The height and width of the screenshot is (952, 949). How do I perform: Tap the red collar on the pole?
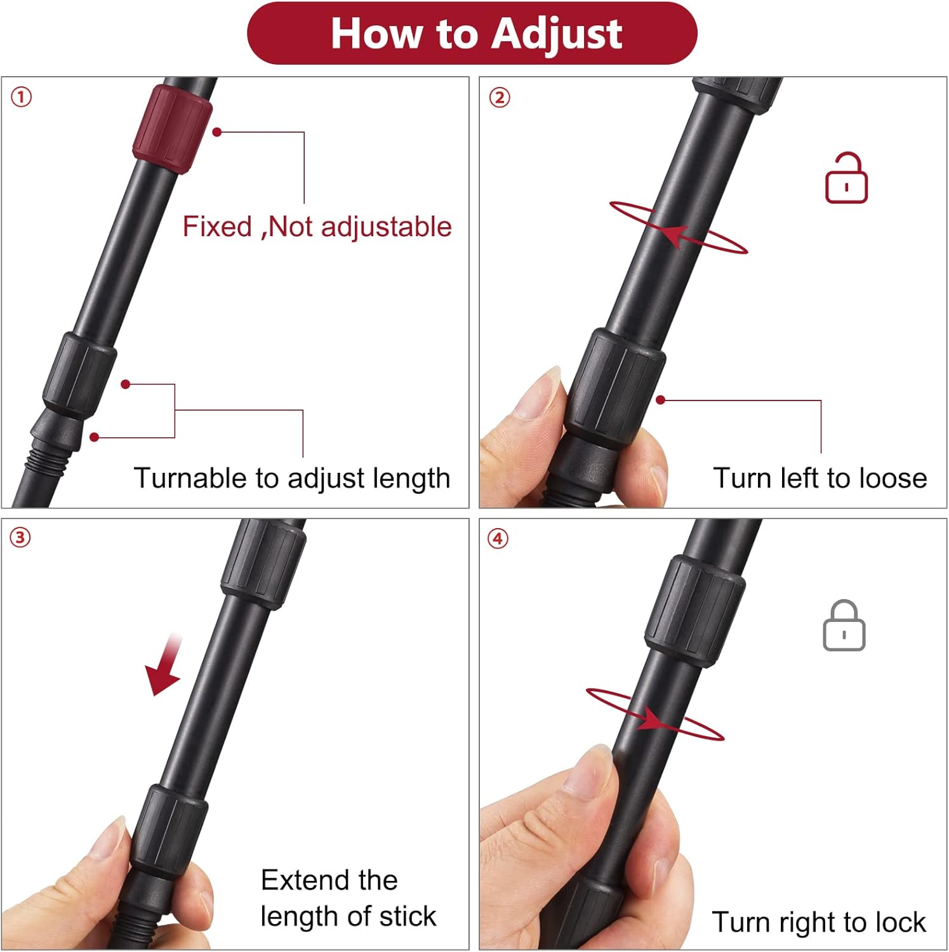click(x=172, y=129)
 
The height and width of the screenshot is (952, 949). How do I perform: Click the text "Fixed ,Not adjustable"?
click(x=317, y=227)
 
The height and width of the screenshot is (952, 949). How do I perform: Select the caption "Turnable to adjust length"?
click(x=291, y=478)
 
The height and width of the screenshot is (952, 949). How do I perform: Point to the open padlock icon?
click(x=846, y=179)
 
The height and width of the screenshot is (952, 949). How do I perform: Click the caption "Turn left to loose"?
click(x=820, y=478)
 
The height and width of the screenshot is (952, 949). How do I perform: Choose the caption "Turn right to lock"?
click(x=818, y=922)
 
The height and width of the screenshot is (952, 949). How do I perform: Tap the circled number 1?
click(x=21, y=97)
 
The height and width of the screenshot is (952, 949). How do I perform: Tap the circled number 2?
click(x=499, y=97)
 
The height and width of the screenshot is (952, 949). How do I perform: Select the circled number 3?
click(x=20, y=538)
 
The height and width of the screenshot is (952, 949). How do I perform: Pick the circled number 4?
click(x=498, y=538)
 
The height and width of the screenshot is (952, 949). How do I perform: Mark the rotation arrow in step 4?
click(x=654, y=715)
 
